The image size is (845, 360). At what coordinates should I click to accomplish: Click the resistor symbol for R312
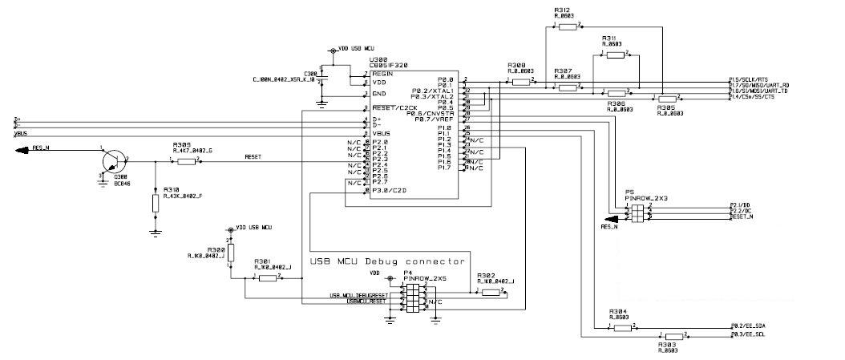click(568, 26)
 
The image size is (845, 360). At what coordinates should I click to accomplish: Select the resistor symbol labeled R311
click(615, 55)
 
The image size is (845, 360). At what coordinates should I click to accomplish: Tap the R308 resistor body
click(522, 81)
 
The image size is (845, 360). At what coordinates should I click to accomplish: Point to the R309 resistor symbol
click(187, 161)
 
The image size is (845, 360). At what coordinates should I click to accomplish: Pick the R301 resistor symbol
click(267, 277)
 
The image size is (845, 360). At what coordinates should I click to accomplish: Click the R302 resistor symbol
click(489, 293)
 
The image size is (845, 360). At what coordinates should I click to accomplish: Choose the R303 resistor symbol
click(673, 336)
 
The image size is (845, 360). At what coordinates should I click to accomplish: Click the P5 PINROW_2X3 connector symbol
click(637, 212)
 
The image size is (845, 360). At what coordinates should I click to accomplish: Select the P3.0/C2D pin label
click(390, 191)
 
